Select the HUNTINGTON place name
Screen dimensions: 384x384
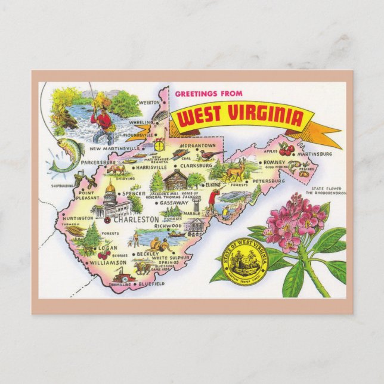(76, 218)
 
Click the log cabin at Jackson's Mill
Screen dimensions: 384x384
(175, 178)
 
